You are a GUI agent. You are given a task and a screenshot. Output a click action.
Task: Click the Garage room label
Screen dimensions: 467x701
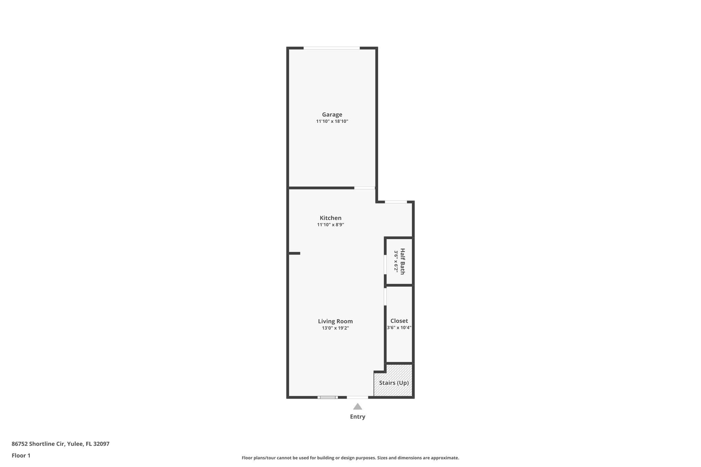coord(332,115)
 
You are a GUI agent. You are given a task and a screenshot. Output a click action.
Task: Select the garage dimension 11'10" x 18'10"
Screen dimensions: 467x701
coord(332,121)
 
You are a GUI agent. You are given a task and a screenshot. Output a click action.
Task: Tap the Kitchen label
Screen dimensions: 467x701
coord(330,218)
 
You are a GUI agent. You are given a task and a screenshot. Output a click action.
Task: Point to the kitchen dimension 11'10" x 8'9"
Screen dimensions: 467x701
coord(330,225)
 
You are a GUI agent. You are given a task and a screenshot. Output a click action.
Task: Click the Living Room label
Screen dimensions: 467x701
coord(335,321)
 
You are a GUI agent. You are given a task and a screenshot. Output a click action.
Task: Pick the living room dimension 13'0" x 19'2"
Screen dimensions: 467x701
coord(335,328)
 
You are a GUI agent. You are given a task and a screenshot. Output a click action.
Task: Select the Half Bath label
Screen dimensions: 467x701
coord(403,261)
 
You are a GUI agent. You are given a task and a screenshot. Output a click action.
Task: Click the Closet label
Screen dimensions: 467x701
coord(399,321)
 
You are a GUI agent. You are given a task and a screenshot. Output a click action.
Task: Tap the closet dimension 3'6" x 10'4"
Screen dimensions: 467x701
coord(399,327)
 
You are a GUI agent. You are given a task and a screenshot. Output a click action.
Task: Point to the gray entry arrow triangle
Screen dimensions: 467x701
coord(357,406)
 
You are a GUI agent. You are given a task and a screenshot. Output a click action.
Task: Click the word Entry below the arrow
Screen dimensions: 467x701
coord(357,417)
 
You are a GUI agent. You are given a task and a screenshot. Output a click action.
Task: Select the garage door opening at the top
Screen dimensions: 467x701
coord(331,48)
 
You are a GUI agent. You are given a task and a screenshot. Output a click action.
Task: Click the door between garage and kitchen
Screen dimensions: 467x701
coord(365,188)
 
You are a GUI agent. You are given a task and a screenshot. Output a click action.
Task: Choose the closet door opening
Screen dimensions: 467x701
coord(385,296)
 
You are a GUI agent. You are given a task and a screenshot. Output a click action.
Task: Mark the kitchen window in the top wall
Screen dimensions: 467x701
coord(396,202)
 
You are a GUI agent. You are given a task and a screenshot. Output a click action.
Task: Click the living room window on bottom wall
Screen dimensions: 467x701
coord(328,397)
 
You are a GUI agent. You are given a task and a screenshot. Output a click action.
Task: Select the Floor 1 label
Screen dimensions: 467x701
coord(21,455)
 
